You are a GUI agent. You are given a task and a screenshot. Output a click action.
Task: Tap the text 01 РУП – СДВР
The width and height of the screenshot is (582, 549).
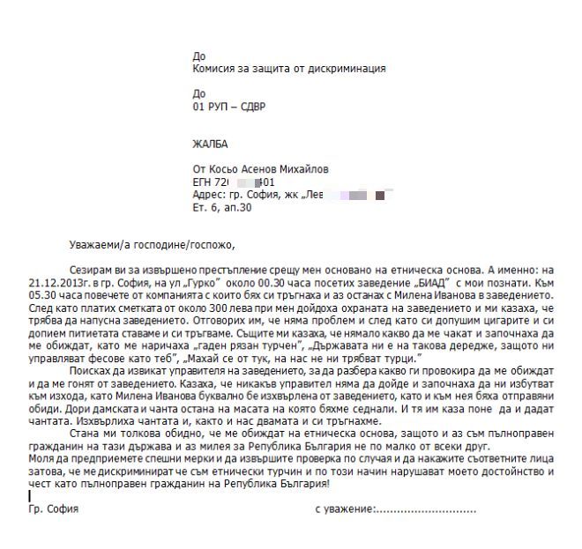tap(228, 108)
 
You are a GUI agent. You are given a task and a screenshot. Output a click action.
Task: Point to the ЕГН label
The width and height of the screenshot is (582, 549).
tap(202, 182)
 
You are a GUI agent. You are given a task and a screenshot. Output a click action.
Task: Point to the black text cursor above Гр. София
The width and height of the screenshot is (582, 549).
tap(29, 497)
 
